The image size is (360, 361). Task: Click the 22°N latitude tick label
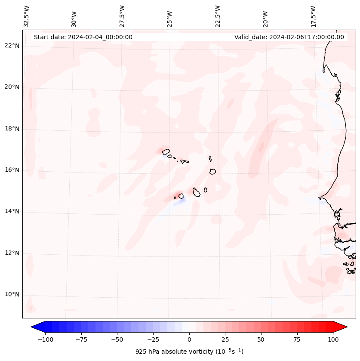click(12, 46)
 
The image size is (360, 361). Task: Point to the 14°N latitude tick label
click(12, 212)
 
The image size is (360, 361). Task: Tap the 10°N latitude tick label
click(12, 295)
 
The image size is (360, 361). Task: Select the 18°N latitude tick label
click(12, 129)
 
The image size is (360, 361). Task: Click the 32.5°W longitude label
click(27, 16)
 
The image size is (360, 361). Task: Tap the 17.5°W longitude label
click(313, 16)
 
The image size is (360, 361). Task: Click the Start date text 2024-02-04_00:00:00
click(83, 37)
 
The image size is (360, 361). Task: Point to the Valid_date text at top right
click(289, 37)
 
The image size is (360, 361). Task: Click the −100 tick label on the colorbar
click(45, 339)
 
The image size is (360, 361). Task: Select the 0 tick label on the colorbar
click(189, 339)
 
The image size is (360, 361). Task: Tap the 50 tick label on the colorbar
click(261, 339)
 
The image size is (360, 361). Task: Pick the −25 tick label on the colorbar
click(153, 339)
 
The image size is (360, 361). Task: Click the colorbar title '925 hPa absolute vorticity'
click(189, 352)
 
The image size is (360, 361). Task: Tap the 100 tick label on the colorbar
click(333, 339)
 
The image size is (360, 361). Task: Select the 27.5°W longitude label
click(122, 16)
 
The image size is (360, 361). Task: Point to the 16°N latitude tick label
click(12, 170)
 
